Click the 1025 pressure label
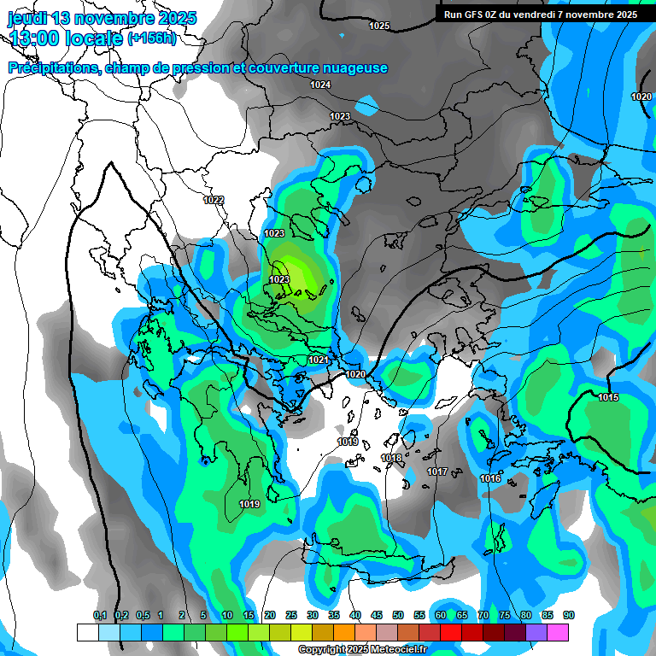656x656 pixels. pos(379,26)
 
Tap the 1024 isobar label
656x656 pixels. pos(320,85)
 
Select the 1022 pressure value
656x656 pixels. pos(214,200)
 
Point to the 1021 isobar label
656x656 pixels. pos(318,360)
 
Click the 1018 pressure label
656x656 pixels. pos(391,459)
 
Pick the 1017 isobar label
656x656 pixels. pos(437,471)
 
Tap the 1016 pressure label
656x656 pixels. pos(490,478)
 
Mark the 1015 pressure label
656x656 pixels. pos(608,397)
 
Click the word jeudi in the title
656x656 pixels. pos(29,18)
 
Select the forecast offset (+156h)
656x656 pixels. pos(151,38)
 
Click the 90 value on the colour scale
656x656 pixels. pos(569,616)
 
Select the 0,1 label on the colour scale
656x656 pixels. pos(100,616)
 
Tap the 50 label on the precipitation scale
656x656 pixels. pos(398,616)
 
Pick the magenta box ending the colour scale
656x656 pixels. pos(558,632)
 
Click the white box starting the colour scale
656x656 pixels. pos(87,632)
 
